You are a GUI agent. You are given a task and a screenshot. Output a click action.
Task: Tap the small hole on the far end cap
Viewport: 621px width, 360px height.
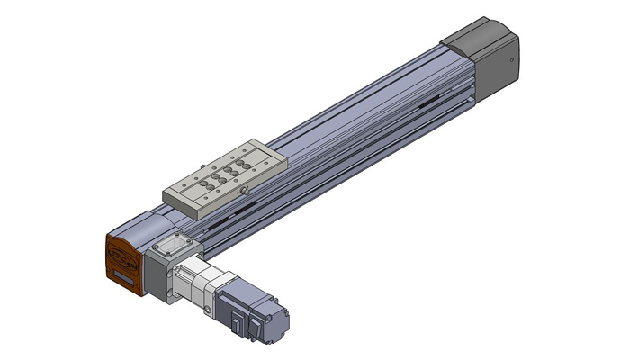[x=511, y=61]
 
